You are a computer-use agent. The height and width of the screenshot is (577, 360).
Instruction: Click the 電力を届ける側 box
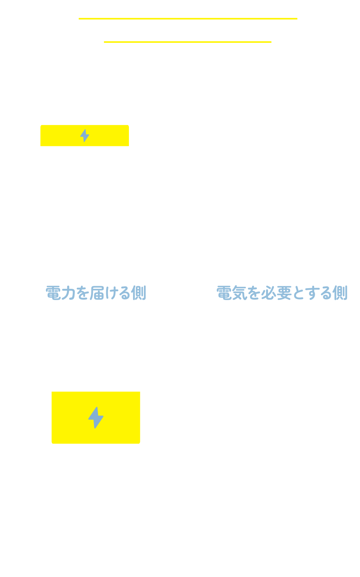[96, 292]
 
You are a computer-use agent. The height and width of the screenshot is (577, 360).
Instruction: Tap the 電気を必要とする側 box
[282, 292]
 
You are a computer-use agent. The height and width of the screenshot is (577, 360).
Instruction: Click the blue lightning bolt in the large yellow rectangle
[96, 417]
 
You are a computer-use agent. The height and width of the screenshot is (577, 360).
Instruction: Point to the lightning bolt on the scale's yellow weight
[84, 135]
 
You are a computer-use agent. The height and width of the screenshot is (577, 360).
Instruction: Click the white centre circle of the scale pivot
[189, 185]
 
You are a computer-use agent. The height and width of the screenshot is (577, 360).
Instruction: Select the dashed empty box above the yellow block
[96, 381]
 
